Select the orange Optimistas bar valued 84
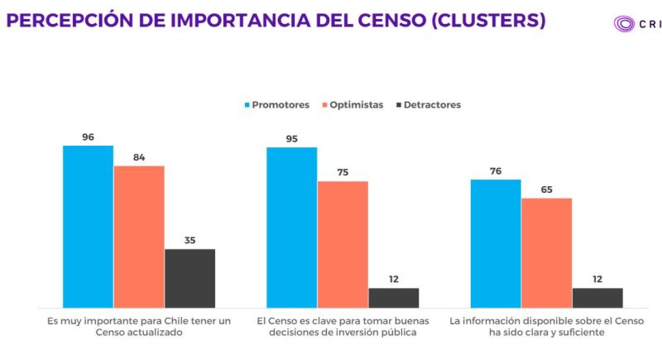point(139,237)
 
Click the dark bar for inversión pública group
point(394,297)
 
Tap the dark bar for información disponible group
point(597,297)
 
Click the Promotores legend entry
point(276,105)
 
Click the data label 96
point(88,137)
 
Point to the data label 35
point(189,240)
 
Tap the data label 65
point(546,190)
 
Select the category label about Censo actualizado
point(139,325)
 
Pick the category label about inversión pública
point(343,325)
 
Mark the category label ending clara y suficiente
point(547,325)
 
